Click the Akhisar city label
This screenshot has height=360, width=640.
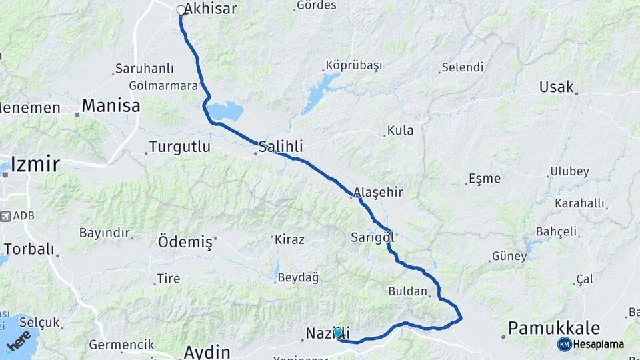pos(211,9)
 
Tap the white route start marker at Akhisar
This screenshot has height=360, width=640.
pos(181,10)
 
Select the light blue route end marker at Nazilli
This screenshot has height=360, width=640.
pos(338,332)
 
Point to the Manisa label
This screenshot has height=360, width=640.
pos(111,106)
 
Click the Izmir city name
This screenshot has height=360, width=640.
pos(35,165)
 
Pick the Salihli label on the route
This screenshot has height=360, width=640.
pos(281,146)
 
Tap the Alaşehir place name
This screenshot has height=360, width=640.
pos(378,192)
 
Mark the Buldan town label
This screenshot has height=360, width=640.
pos(407,291)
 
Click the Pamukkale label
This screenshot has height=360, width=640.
pos(553,328)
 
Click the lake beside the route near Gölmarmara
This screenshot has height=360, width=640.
pos(225,111)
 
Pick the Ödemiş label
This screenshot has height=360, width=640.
pos(185,241)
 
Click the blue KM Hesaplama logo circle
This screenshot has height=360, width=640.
pos(564,344)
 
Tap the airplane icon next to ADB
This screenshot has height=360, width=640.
pos(6,217)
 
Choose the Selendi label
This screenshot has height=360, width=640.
pos(462,67)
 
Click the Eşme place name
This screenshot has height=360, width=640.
pos(485,178)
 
